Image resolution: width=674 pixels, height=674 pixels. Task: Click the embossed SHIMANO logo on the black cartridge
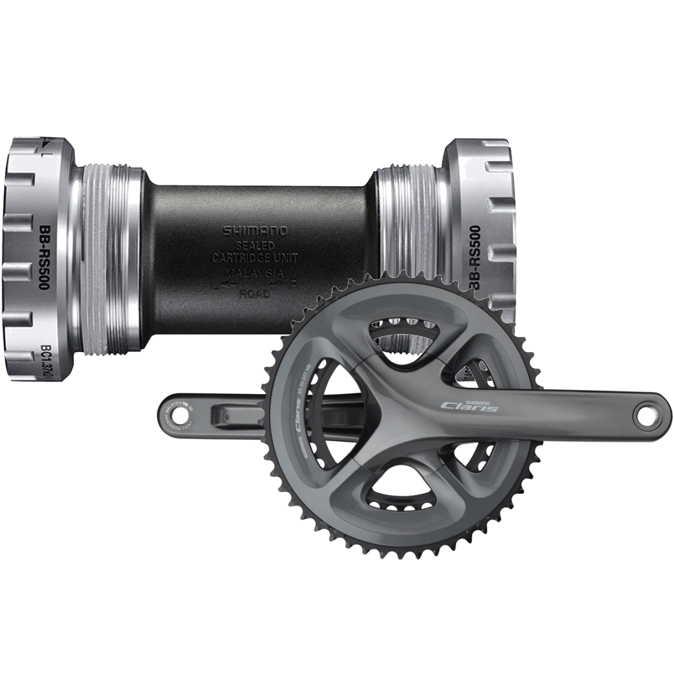coord(256,231)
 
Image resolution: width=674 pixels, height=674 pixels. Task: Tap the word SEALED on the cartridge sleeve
coord(256,244)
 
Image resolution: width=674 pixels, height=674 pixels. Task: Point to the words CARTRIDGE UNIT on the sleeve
coord(256,257)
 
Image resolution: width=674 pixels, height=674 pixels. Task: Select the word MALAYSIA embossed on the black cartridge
coord(256,271)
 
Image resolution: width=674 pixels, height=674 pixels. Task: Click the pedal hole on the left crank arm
coord(176,414)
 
